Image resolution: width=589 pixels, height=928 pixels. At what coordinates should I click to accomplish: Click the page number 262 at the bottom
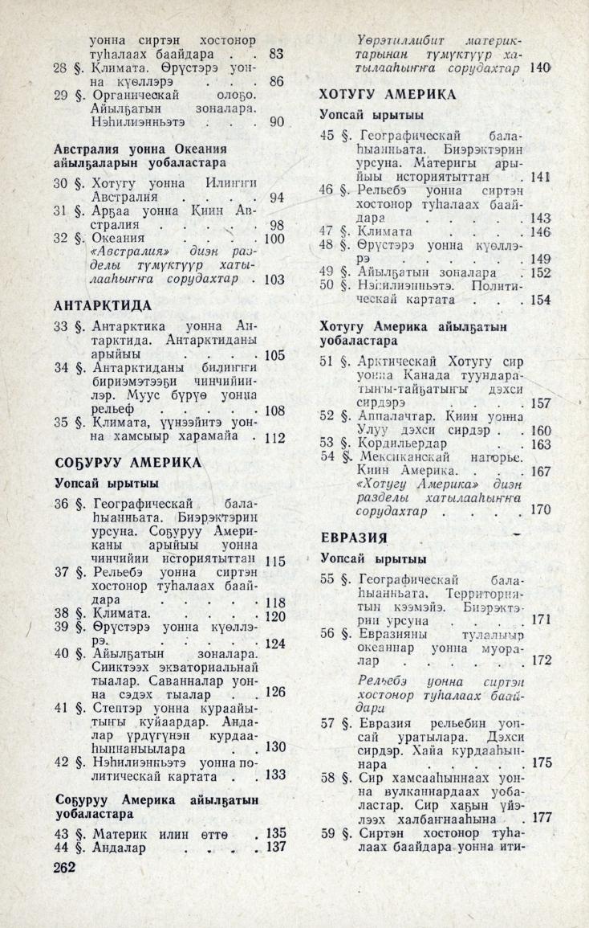[x=64, y=867]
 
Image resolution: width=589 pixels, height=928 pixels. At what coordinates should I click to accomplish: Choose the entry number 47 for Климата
[x=327, y=231]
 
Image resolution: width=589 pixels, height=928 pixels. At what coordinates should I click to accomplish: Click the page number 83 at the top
[x=277, y=55]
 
